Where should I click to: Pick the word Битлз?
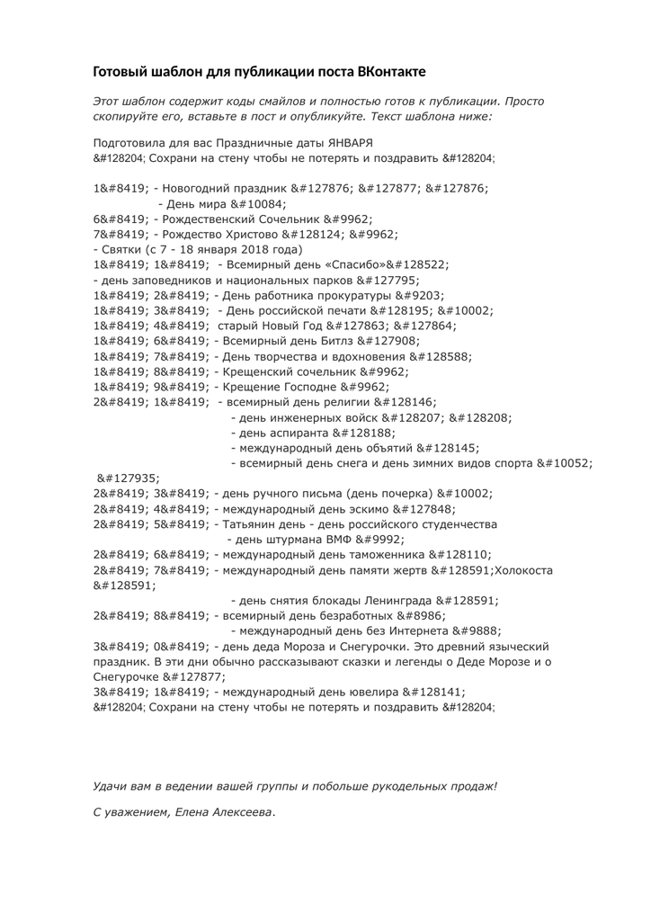pos(345,342)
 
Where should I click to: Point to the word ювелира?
pos(371,692)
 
